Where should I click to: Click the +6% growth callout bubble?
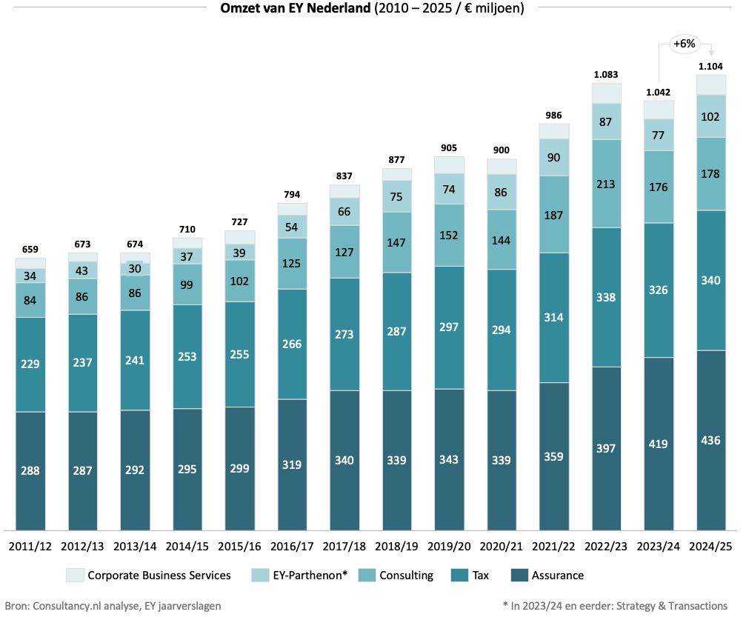pyautogui.click(x=683, y=44)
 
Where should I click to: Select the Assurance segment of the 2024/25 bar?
pyautogui.click(x=710, y=440)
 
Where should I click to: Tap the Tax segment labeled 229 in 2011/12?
pyautogui.click(x=30, y=364)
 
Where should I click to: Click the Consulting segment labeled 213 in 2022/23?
pyautogui.click(x=606, y=184)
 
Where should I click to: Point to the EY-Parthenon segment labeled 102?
pyautogui.click(x=710, y=116)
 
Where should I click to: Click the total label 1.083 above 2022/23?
pyautogui.click(x=606, y=75)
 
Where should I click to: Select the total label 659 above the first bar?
pyautogui.click(x=30, y=250)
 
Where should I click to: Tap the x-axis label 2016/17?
pyautogui.click(x=293, y=547)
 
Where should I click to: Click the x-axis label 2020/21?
pyautogui.click(x=502, y=547)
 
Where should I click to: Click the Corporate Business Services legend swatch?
pyautogui.click(x=75, y=576)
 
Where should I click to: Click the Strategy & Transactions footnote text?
pyautogui.click(x=615, y=605)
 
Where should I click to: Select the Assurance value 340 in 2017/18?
pyautogui.click(x=344, y=460)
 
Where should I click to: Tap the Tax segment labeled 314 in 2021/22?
pyautogui.click(x=553, y=317)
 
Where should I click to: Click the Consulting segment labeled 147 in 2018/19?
pyautogui.click(x=397, y=242)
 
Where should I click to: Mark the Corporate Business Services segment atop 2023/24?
pyautogui.click(x=659, y=110)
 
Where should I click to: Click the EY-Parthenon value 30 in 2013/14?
pyautogui.click(x=135, y=269)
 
